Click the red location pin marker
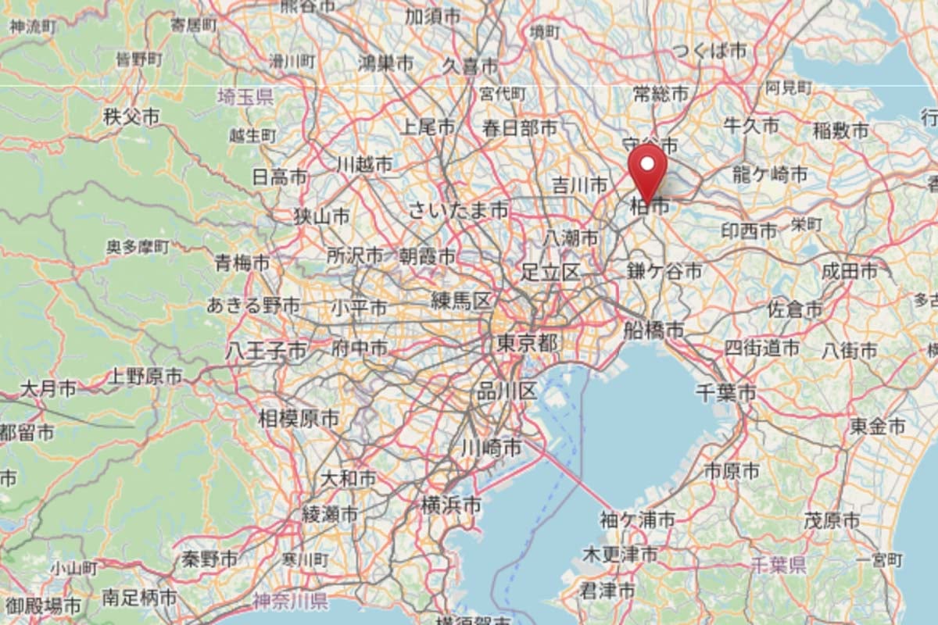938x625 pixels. coord(648,168)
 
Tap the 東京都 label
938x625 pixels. coord(528,343)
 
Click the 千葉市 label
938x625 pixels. coord(726,392)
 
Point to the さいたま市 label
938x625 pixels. coord(458,210)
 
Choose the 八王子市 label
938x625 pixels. coord(266,351)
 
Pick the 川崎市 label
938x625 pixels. coord(491,448)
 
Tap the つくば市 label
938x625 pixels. coord(709,52)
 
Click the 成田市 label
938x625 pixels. coord(849,271)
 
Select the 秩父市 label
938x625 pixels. coord(131,117)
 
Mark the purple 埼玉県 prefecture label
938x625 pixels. coord(245,97)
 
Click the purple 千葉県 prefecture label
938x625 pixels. coord(777,565)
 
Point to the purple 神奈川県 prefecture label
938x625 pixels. coord(290,601)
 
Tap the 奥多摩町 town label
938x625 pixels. coord(138,248)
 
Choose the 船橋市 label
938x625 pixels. coord(653,330)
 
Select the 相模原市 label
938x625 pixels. coord(299,419)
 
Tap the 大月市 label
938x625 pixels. coord(48,387)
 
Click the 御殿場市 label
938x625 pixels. coord(41,605)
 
